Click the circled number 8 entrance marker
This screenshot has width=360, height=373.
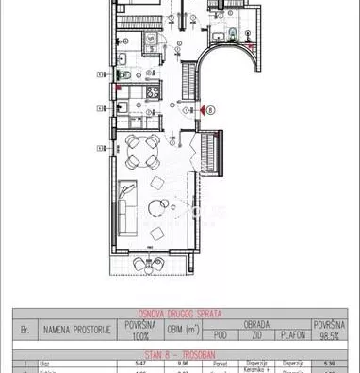[x=210, y=109]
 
